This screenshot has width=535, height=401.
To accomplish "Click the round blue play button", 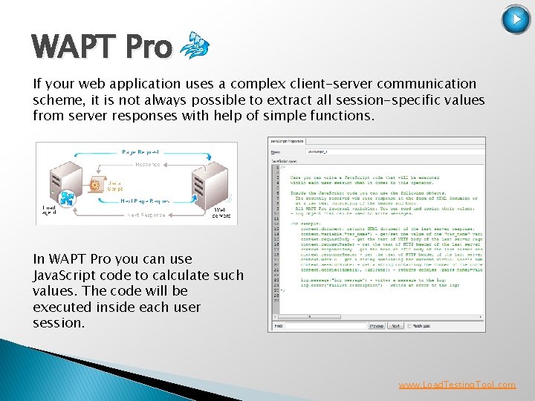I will [516, 20].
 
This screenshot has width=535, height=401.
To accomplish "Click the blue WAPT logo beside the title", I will [194, 46].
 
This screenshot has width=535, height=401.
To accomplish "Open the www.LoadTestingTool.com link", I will [457, 385].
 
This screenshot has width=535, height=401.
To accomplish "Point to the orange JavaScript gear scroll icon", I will [96, 183].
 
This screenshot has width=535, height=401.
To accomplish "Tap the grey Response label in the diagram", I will [147, 164].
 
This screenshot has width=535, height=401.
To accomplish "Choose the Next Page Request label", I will [145, 200].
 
